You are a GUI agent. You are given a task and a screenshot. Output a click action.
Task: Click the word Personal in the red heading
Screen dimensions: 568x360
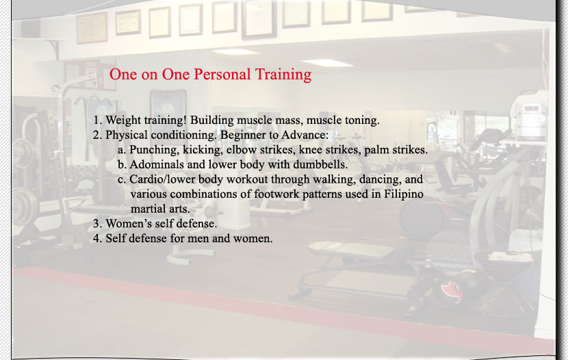[x=222, y=74]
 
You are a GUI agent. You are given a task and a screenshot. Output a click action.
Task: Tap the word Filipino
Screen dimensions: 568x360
[x=404, y=194]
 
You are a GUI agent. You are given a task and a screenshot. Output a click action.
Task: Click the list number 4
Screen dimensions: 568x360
[x=96, y=238]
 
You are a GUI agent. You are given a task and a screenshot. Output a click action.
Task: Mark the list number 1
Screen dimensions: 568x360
[x=97, y=120]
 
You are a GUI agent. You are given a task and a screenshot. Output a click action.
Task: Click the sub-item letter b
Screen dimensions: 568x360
[x=122, y=164]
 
